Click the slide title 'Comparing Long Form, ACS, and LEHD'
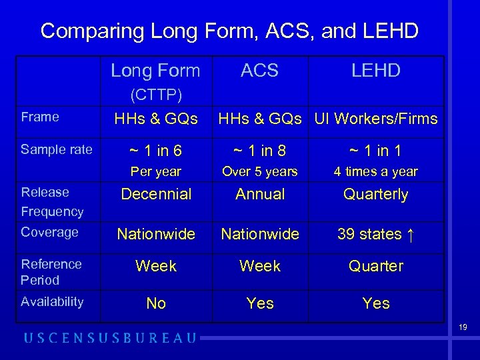[229, 31]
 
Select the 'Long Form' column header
[155, 71]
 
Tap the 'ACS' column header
[259, 71]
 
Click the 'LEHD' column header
[376, 71]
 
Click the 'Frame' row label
[40, 117]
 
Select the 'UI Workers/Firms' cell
[376, 119]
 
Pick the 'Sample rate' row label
[57, 149]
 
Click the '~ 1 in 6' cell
[155, 151]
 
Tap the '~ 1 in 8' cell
[259, 151]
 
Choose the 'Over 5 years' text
[259, 171]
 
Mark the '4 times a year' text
[376, 171]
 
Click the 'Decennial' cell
[155, 195]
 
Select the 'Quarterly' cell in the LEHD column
[376, 195]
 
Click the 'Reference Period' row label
[51, 272]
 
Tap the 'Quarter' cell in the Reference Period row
[376, 266]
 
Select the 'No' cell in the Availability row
[155, 304]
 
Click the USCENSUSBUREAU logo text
[111, 338]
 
